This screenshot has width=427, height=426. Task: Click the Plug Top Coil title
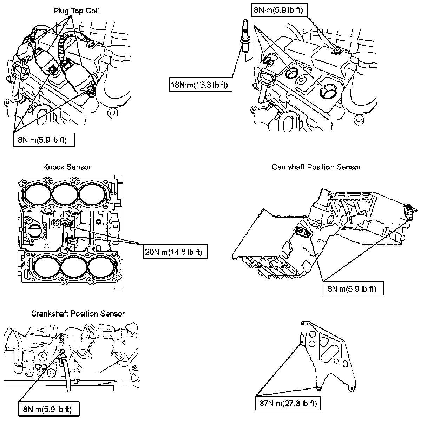(x=76, y=11)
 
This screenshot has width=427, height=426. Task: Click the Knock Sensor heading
(x=67, y=167)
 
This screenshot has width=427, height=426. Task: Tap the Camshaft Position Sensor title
(x=316, y=167)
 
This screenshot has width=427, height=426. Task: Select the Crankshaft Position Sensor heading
(x=78, y=314)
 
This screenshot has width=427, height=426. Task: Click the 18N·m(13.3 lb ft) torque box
(x=200, y=85)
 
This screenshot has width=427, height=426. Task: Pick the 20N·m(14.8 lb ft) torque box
(x=175, y=252)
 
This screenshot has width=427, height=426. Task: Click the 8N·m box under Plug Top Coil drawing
(x=44, y=140)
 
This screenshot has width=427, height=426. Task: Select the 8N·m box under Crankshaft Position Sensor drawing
(x=49, y=409)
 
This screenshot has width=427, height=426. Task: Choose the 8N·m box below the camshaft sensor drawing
(x=353, y=288)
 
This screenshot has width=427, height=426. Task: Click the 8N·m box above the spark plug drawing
(x=280, y=10)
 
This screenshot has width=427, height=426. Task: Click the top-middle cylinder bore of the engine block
(x=65, y=194)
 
